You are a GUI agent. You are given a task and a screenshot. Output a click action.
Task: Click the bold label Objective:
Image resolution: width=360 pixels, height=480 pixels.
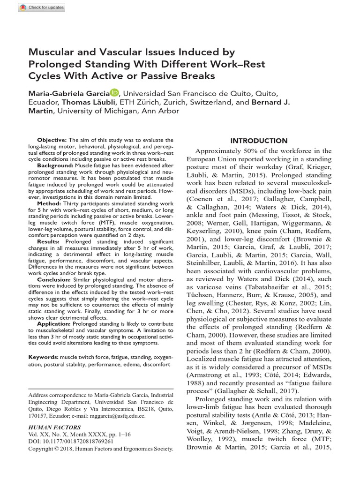(52, 140)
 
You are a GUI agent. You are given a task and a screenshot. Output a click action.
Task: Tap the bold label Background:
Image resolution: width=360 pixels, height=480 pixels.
(54, 166)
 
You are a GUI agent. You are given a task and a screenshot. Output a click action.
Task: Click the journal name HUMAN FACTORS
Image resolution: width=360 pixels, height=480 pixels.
(54, 427)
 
